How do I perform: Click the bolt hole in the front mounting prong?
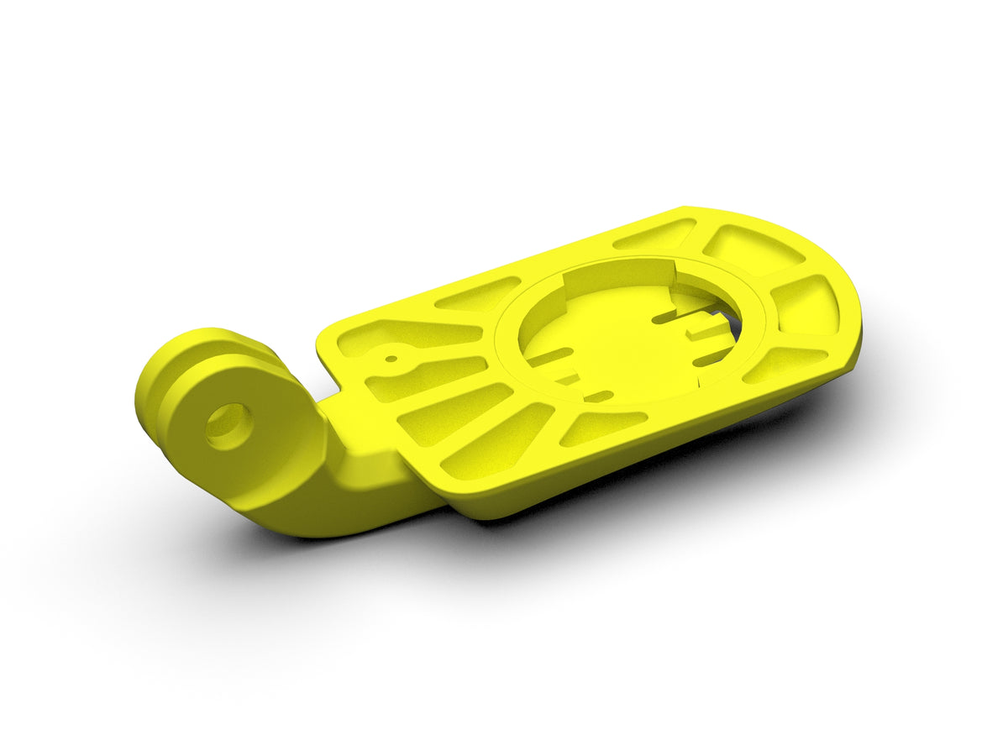click(228, 426)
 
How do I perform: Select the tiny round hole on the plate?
click(391, 359)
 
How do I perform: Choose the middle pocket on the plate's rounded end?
click(805, 305)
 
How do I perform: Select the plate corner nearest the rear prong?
click(323, 336)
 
